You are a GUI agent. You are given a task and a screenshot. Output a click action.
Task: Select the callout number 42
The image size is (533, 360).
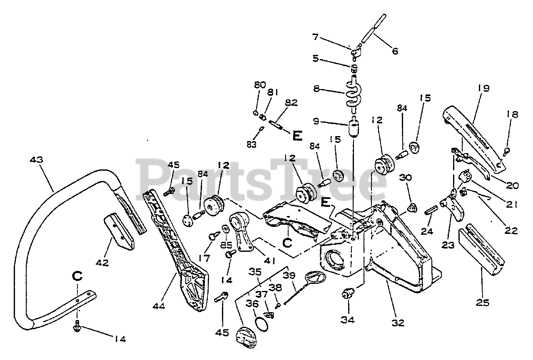[x=102, y=263]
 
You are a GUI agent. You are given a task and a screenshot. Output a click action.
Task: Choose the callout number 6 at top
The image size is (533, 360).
[x=395, y=51]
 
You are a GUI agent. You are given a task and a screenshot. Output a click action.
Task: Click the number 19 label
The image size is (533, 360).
[x=483, y=88]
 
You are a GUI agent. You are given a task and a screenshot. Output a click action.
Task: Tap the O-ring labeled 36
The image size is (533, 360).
[x=262, y=323]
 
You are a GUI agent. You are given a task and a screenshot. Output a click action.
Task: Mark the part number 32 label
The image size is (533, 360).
[x=398, y=322]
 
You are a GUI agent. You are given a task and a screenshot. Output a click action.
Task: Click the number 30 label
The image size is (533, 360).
[x=406, y=178]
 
